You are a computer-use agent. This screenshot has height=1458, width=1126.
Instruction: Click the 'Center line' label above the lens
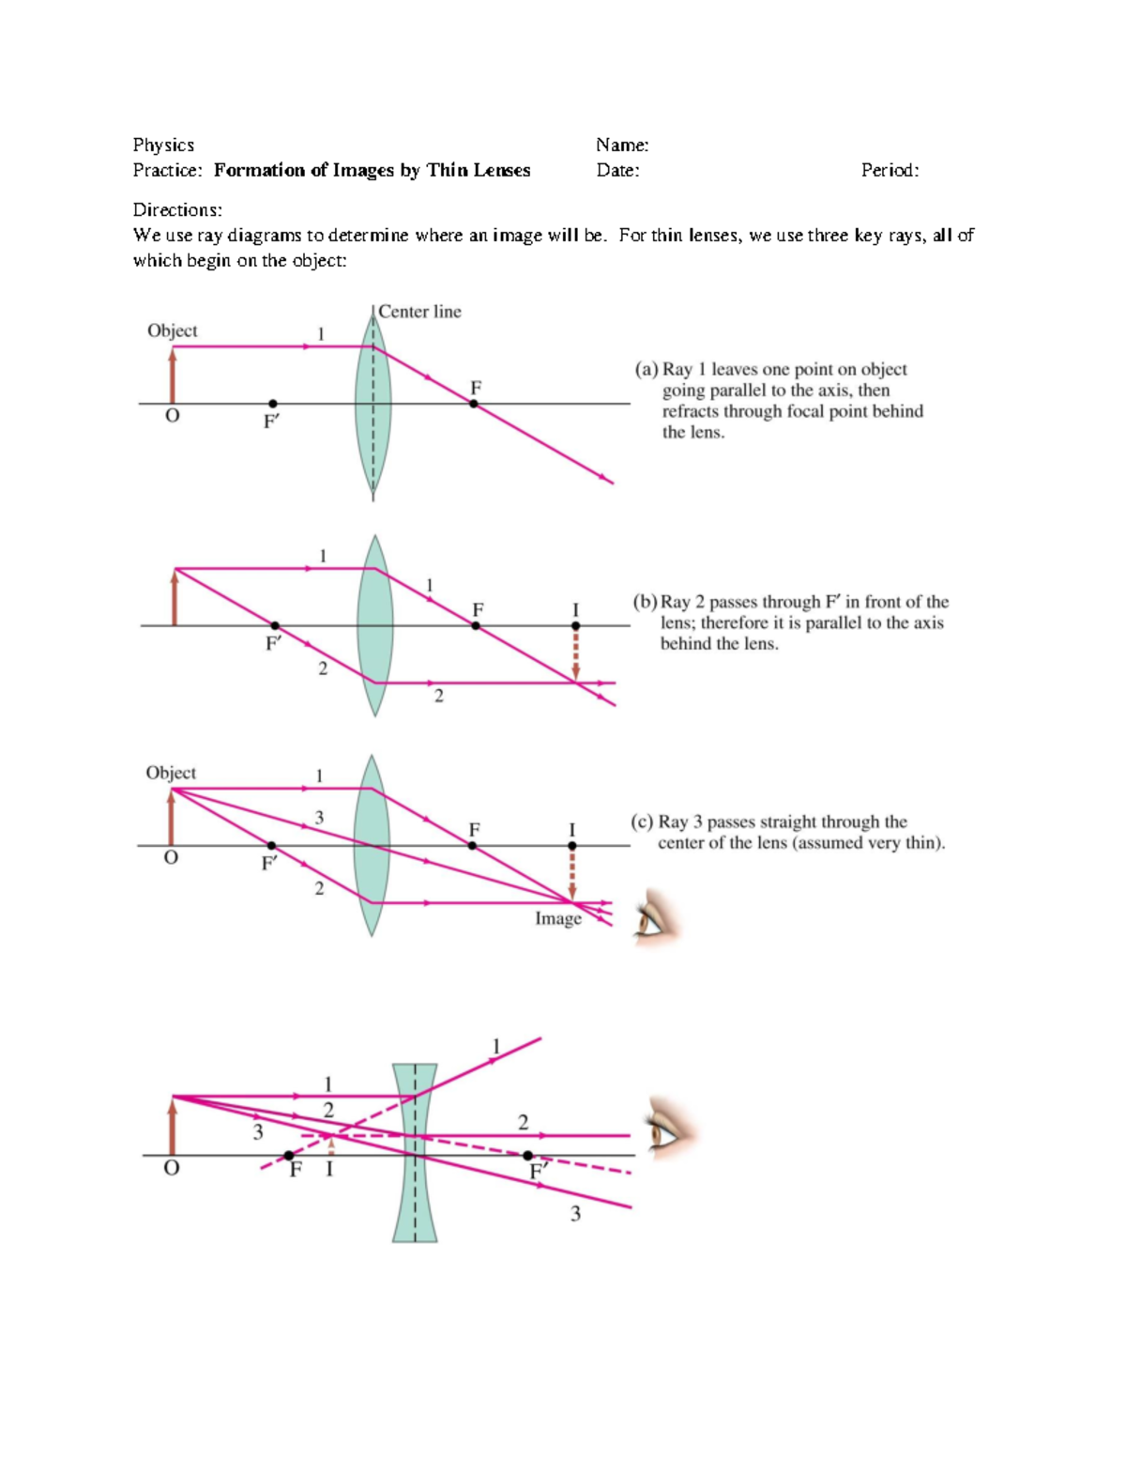[x=419, y=312]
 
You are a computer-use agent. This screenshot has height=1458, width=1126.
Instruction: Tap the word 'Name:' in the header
[x=622, y=145]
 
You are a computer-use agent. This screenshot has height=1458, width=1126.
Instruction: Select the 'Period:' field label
[x=890, y=170]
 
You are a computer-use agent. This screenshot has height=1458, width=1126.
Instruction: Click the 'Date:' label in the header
[x=617, y=170]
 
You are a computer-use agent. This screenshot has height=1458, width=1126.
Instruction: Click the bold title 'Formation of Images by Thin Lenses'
[x=372, y=170]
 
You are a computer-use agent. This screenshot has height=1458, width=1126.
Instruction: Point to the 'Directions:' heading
[x=177, y=209]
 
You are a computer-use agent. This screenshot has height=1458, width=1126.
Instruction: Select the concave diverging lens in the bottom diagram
[x=415, y=1153]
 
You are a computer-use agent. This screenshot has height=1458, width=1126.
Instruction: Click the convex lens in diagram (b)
[x=374, y=625]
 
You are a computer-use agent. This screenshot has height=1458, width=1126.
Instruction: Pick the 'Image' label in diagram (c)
[x=558, y=918]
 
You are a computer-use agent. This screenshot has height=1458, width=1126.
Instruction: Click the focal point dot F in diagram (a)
[x=474, y=404]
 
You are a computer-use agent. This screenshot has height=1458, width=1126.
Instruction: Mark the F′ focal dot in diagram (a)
[x=272, y=404]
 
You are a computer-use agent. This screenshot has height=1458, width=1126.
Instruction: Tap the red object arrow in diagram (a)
[x=173, y=376]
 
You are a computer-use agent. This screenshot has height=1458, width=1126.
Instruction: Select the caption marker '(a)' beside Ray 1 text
[x=647, y=369]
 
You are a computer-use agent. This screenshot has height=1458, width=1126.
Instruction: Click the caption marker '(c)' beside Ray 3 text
[x=642, y=821]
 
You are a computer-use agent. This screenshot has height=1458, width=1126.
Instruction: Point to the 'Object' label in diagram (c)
[x=171, y=773]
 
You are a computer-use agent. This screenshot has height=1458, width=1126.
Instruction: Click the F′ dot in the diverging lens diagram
[x=527, y=1156]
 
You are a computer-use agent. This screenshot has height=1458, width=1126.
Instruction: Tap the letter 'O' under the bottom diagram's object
[x=171, y=1168]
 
